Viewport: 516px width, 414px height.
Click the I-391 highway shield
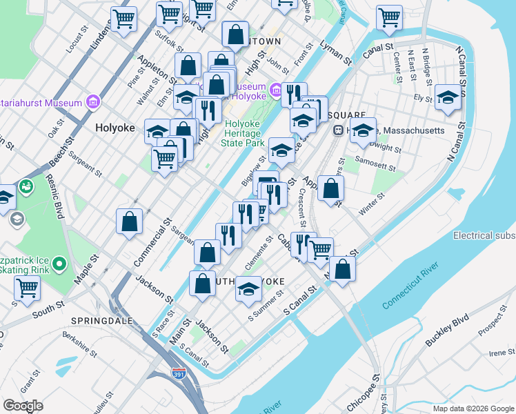point(178,374)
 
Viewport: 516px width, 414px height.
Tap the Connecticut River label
point(411,284)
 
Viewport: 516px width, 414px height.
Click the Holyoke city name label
point(114,128)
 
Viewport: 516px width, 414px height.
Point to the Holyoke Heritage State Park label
point(243,134)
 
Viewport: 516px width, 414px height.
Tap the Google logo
point(23,406)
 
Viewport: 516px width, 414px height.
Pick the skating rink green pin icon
point(59,263)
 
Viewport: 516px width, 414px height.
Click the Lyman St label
point(336,53)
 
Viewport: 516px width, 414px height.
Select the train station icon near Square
point(339,130)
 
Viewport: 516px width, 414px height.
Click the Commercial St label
point(152,244)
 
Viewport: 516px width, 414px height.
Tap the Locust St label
point(73,46)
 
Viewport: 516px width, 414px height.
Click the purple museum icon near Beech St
point(92,103)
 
